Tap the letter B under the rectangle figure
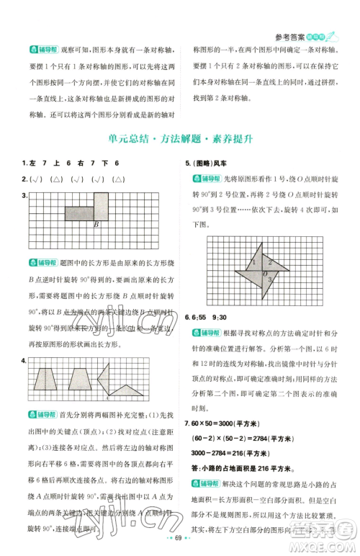(x=96, y=224)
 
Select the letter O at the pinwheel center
(x=264, y=273)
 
